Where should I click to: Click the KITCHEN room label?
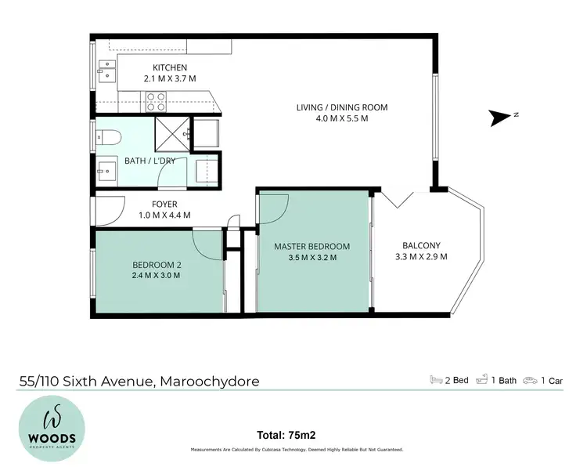tap(169, 67)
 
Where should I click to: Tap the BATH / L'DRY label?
tap(150, 161)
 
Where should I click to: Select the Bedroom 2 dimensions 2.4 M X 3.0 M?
tap(157, 275)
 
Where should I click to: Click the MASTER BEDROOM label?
tap(312, 246)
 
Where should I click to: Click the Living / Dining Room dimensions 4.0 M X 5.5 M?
tap(342, 118)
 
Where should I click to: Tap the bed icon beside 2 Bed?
tap(435, 380)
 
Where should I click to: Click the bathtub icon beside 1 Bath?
tap(485, 380)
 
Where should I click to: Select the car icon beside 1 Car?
tap(531, 380)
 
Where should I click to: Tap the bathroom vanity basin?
tap(105, 169)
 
